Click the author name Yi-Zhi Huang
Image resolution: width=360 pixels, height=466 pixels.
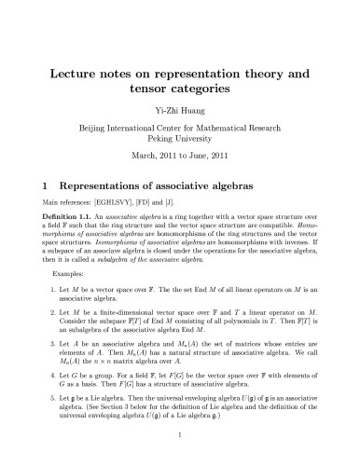[179, 109]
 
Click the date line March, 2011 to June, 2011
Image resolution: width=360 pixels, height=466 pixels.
[179, 155]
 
